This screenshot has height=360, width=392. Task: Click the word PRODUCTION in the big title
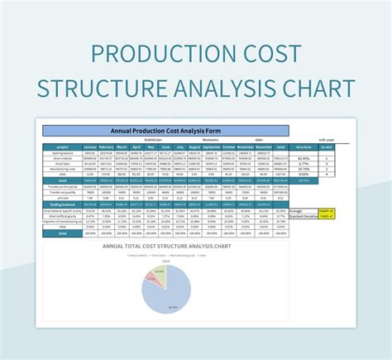pos(161,55)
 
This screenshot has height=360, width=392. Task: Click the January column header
pos(91,148)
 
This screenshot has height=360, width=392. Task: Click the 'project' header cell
pos(63,148)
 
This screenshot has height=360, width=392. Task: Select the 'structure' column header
pos(304,148)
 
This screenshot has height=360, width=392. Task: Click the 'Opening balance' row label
pos(63,154)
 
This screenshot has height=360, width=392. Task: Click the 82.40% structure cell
pos(304,159)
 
